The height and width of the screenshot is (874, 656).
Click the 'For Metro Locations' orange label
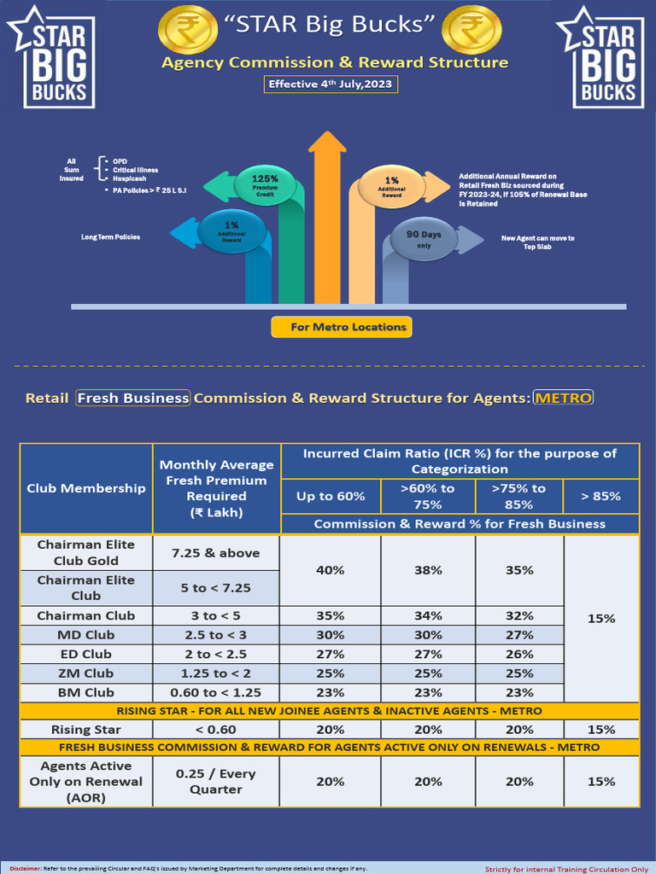(x=341, y=327)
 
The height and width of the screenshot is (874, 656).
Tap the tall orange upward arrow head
(x=325, y=146)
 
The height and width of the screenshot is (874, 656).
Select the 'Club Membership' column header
(x=86, y=488)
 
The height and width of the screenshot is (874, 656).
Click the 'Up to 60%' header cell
(x=331, y=496)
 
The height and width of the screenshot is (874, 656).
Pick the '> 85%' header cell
(x=600, y=496)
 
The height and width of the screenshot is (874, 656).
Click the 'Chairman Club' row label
(x=86, y=615)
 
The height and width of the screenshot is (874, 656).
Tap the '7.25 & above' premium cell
(x=216, y=552)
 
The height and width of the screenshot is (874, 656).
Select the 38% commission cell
(x=429, y=569)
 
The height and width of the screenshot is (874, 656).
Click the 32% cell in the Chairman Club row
(x=518, y=615)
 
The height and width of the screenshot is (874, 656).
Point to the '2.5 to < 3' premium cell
(x=216, y=635)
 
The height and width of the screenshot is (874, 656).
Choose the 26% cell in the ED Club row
(x=518, y=655)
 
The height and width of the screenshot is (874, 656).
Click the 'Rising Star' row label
(x=86, y=730)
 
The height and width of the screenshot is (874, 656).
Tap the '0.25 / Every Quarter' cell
(x=216, y=782)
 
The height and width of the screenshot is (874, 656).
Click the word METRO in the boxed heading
(x=562, y=398)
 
